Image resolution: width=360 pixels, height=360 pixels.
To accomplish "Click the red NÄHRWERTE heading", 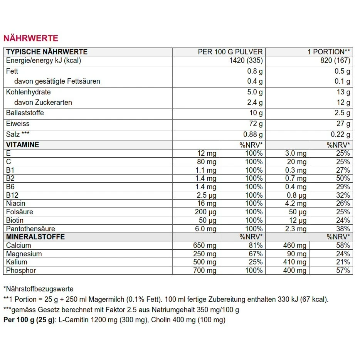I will coord(30,38).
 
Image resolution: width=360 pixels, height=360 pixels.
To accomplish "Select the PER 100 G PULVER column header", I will coord(230,52).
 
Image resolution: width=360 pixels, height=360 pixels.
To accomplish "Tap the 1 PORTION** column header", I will coord(328,52).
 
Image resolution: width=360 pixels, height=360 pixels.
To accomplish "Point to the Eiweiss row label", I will coord(18,124).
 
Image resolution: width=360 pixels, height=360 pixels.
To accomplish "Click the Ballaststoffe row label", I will coord(25,113).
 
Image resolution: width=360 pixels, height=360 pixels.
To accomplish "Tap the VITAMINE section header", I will coord(23,145).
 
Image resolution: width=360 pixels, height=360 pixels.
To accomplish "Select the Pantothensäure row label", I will coord(30,229).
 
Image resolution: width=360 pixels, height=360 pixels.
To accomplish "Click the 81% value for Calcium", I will coord(255,246).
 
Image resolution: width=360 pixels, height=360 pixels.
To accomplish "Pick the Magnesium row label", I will coord(24,254).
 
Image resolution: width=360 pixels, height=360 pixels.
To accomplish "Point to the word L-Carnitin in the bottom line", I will coord(73,320).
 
